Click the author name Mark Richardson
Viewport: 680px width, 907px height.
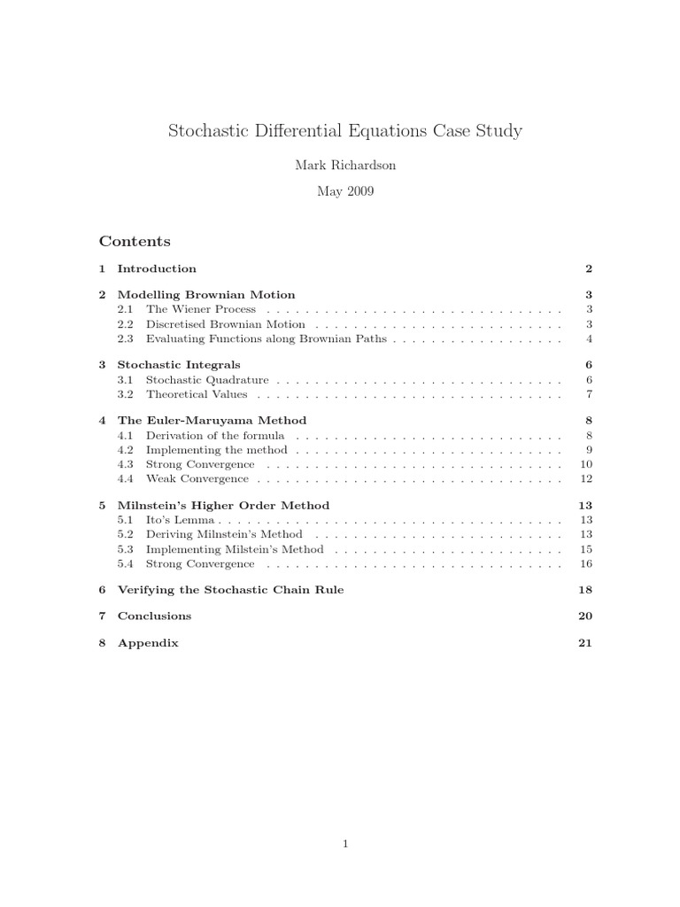click(344, 166)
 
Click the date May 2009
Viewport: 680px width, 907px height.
click(344, 191)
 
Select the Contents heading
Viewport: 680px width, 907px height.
click(135, 241)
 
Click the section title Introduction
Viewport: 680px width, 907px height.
click(157, 268)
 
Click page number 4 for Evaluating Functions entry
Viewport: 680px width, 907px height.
click(589, 338)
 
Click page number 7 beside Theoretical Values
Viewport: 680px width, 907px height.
click(589, 394)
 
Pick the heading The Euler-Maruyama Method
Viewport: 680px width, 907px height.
click(212, 421)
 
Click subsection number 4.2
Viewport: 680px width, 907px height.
click(125, 450)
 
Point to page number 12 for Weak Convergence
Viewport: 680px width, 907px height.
click(585, 479)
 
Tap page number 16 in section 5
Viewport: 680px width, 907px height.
click(585, 563)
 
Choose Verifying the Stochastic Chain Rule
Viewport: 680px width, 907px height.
click(230, 590)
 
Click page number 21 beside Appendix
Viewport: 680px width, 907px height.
click(584, 643)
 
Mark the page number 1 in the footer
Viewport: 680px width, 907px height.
click(345, 844)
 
